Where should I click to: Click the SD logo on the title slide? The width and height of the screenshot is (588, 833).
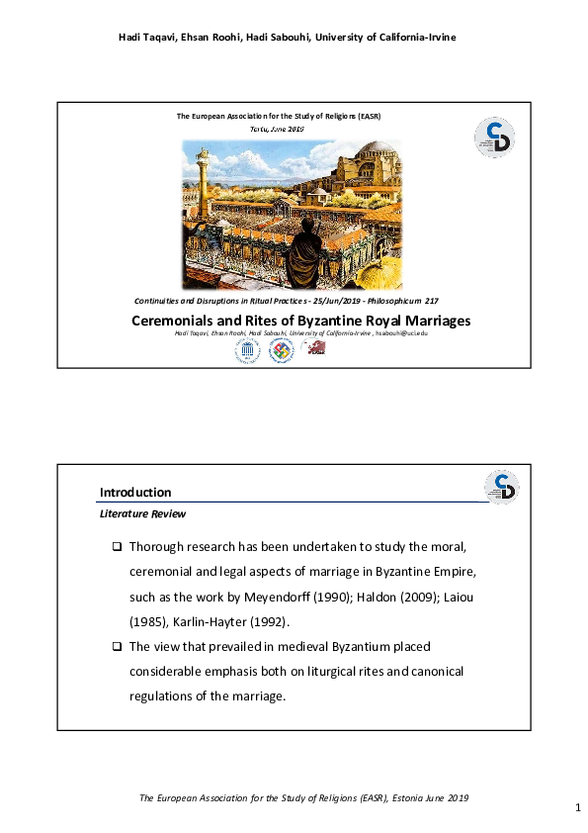tap(494, 137)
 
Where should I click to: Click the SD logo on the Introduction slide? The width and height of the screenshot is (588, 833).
tap(501, 487)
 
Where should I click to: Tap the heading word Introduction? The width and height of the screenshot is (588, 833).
tap(135, 493)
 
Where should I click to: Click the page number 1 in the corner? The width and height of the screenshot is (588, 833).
tap(576, 809)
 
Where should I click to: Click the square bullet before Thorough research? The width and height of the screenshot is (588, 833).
tap(117, 547)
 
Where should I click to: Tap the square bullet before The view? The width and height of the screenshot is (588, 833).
tap(117, 646)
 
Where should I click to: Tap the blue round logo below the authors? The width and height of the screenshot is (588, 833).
tap(245, 350)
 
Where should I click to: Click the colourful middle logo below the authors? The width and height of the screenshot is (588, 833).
tap(281, 350)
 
